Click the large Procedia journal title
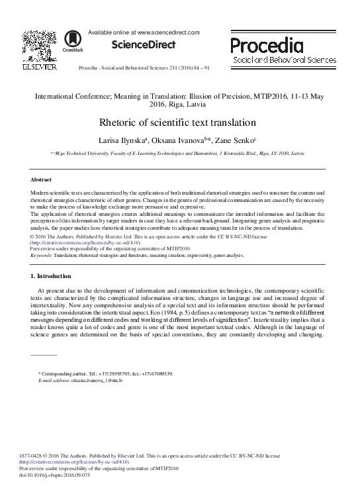point(267,44)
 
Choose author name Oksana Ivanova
point(176,140)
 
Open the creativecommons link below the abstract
point(85,242)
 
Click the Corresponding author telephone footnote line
point(107,374)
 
